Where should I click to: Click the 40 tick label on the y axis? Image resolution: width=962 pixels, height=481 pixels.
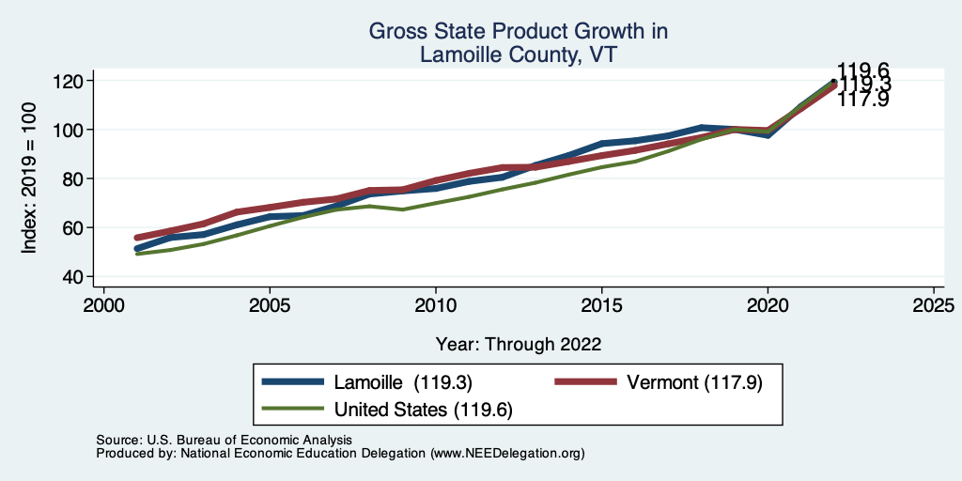[x=74, y=276]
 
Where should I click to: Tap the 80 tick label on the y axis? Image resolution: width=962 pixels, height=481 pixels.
[x=74, y=178]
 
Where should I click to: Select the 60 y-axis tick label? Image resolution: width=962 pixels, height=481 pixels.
[x=74, y=227]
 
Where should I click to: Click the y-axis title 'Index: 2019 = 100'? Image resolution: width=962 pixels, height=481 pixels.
[x=29, y=178]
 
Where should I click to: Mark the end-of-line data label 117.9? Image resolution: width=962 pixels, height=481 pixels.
[x=862, y=99]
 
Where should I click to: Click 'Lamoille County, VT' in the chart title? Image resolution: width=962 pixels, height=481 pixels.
[x=519, y=55]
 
